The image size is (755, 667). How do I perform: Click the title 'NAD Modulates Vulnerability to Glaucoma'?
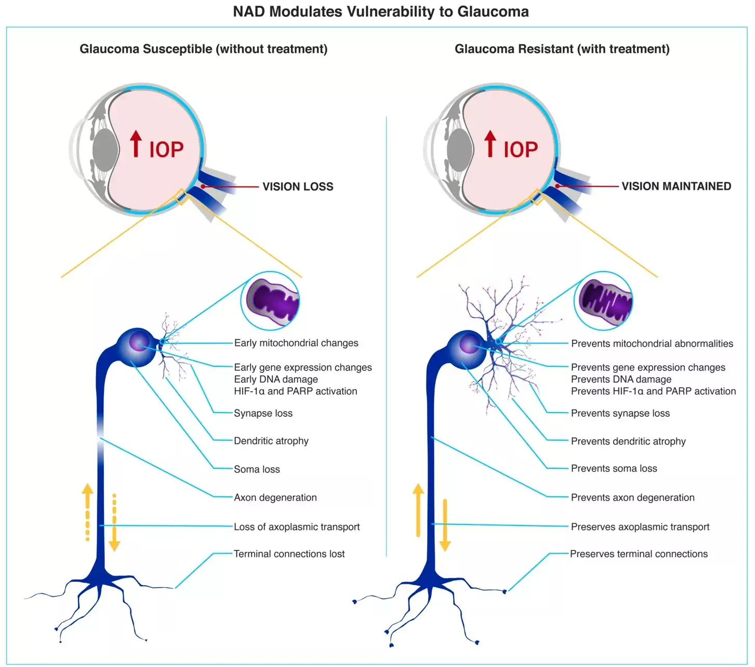(380, 12)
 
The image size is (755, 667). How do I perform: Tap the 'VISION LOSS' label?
(298, 187)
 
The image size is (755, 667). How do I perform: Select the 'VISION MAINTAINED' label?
(676, 186)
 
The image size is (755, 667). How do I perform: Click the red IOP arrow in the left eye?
(136, 144)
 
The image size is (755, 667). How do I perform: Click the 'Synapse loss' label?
(263, 414)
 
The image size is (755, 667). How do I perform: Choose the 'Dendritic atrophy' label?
(271, 441)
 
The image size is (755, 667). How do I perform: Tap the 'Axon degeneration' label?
(275, 498)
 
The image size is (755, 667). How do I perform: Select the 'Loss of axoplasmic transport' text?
(297, 527)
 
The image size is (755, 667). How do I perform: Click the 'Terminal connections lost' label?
(289, 554)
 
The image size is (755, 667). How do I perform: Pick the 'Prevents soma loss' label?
(614, 469)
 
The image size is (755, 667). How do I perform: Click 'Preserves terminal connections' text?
(639, 554)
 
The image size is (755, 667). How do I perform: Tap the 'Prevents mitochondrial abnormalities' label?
(652, 344)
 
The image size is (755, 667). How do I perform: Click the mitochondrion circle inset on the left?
(270, 301)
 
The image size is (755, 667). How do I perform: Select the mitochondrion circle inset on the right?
(604, 301)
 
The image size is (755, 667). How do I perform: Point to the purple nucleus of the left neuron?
(139, 342)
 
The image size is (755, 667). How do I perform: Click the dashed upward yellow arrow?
(87, 512)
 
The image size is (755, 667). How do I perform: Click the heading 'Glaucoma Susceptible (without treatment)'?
(203, 49)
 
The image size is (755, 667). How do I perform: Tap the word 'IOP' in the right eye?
(521, 150)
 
